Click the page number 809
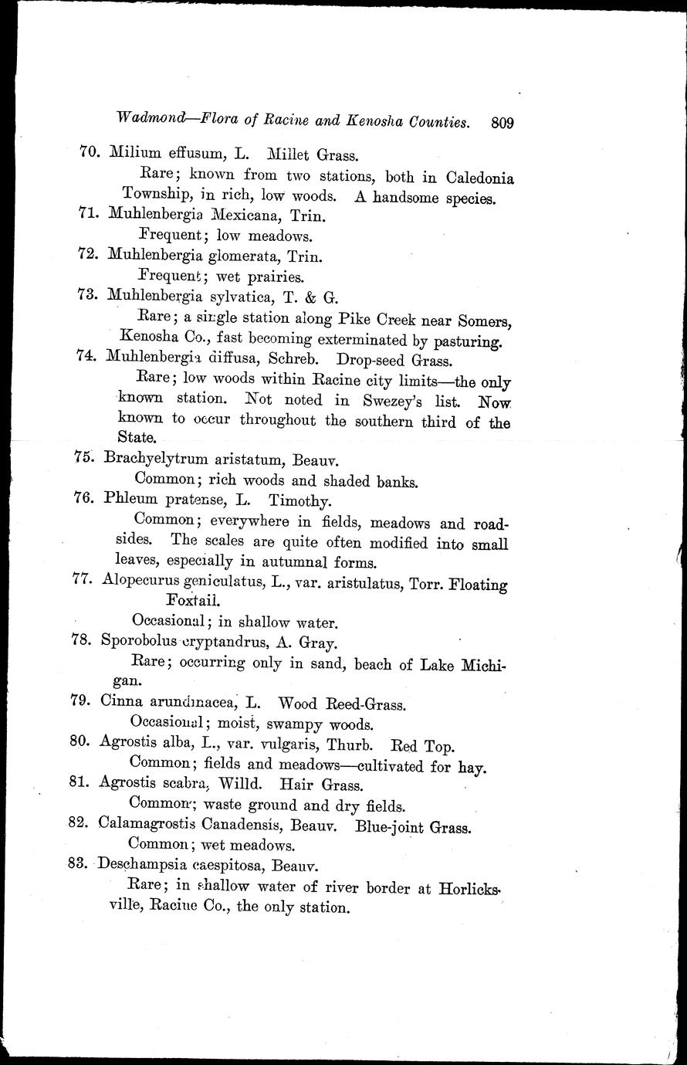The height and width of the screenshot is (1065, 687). click(503, 122)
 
